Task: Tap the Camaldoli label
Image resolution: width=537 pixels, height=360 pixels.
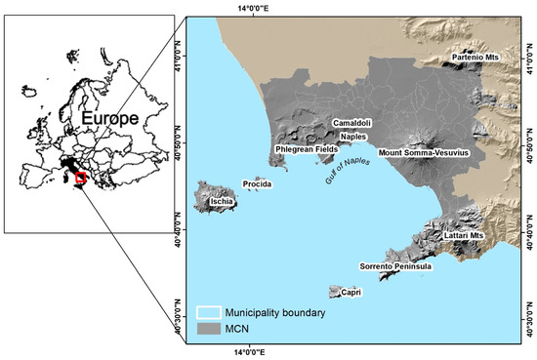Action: click(352, 123)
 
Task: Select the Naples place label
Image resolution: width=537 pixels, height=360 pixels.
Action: click(352, 137)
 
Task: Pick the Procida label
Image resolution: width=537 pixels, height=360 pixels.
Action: click(256, 184)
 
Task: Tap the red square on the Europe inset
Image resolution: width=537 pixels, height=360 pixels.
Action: click(81, 179)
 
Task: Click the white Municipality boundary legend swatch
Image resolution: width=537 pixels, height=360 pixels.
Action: click(209, 312)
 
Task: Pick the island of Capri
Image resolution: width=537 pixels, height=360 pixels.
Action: click(336, 291)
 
